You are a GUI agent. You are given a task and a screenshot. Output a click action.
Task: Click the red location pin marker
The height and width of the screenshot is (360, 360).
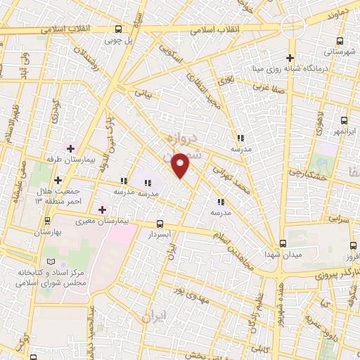coord(181,165)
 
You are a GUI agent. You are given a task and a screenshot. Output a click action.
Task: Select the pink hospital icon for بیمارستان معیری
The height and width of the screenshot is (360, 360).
coord(102,210)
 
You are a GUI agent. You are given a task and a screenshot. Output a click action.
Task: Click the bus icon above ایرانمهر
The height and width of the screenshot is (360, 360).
coord(343,120)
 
